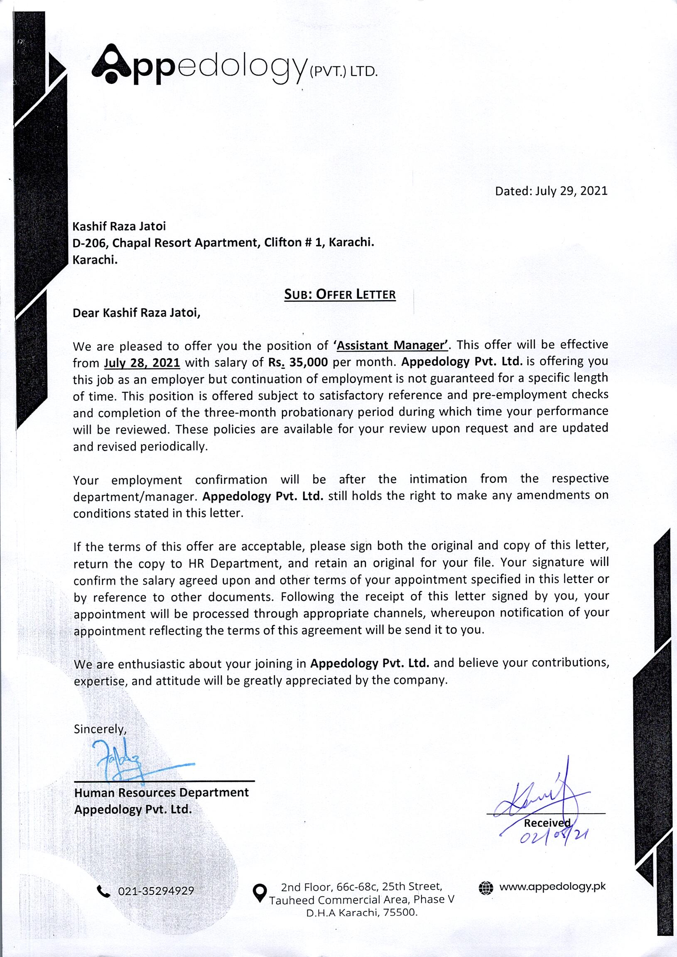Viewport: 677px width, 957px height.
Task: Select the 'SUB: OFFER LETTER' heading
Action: pos(339,294)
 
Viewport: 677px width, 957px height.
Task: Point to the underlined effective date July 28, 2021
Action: pos(142,362)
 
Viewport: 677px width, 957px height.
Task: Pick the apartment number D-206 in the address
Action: pos(88,242)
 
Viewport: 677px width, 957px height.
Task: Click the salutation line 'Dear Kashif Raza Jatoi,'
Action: pos(136,313)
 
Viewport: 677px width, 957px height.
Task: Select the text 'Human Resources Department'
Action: pos(161,792)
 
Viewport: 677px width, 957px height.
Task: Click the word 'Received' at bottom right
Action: pos(547,823)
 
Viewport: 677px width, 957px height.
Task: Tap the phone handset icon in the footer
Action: pos(103,891)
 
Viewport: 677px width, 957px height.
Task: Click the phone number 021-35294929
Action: pos(156,891)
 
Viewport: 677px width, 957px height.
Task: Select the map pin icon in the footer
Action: pos(260,892)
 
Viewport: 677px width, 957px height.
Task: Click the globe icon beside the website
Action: pos(486,887)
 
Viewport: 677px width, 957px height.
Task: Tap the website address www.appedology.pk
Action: pos(552,886)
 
